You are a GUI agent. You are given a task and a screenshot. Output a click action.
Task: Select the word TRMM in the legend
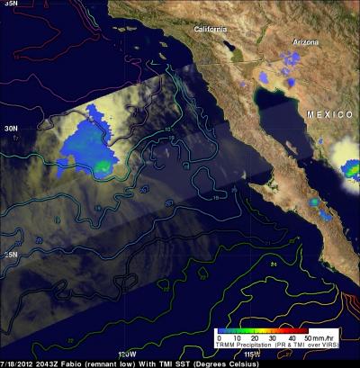click(x=222, y=345)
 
